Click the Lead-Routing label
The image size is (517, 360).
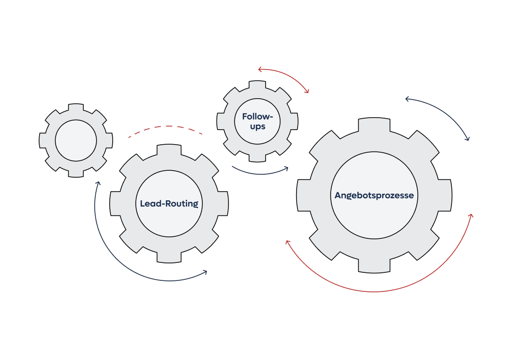pos(169,204)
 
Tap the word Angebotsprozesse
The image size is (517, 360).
pos(374,195)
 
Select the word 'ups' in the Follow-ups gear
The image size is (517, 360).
pos(257,127)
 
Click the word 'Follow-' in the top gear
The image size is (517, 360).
pos(257,116)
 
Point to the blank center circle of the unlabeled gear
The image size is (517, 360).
pos(76,141)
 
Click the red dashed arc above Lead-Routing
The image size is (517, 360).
pos(165,127)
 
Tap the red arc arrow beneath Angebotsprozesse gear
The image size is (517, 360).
pos(376,291)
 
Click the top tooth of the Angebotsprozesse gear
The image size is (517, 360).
pos(374,124)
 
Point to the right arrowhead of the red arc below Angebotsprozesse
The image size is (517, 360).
pos(470,216)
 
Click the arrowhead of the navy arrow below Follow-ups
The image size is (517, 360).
pos(287,168)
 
